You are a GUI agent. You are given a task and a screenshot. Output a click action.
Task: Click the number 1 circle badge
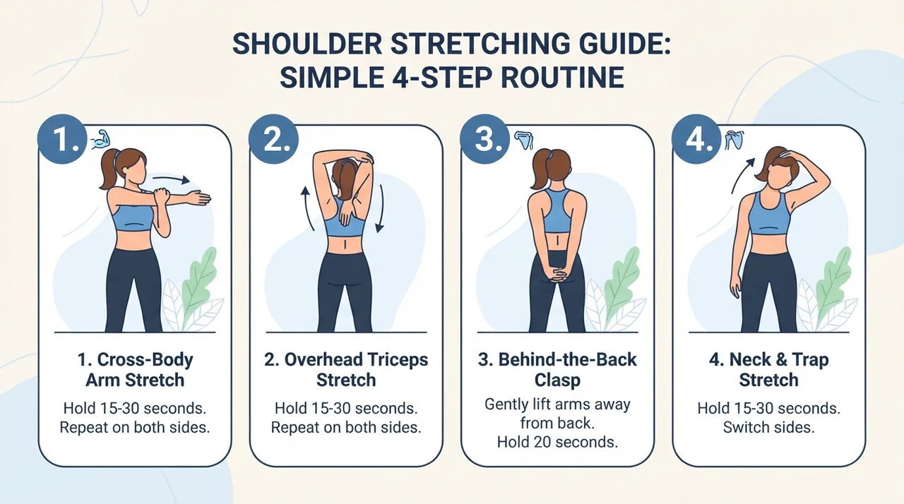(x=62, y=139)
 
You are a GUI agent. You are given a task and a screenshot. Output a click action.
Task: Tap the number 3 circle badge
(x=484, y=139)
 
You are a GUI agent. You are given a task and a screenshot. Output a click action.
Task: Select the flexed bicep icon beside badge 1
(x=100, y=138)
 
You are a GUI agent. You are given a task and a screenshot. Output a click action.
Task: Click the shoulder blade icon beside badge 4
(x=734, y=140)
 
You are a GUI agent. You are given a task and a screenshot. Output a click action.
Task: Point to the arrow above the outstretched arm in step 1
(x=171, y=179)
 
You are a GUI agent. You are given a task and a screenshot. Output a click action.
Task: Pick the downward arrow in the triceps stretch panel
(x=380, y=208)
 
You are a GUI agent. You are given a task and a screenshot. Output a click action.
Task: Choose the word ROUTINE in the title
(x=563, y=77)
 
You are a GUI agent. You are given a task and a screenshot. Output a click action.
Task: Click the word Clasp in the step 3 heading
(x=557, y=380)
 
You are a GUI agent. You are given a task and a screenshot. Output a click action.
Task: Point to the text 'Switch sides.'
(x=768, y=427)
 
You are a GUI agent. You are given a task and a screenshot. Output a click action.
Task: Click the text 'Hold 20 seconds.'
(x=557, y=442)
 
